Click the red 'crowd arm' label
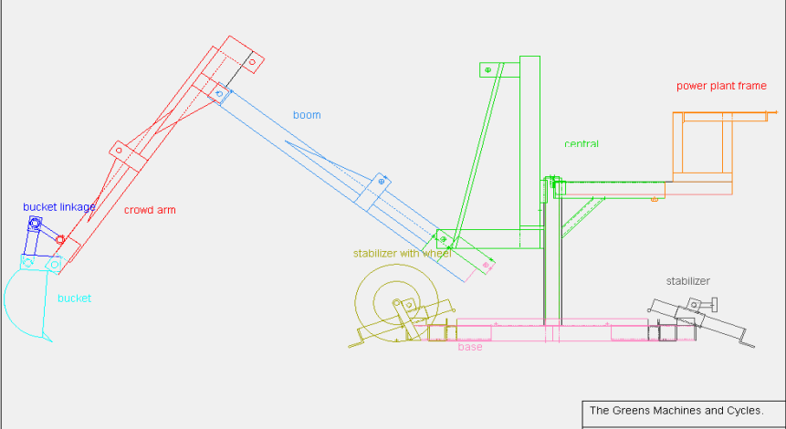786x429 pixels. (150, 210)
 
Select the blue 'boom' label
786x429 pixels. (307, 115)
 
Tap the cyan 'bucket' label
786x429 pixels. (74, 298)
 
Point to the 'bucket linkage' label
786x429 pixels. (58, 207)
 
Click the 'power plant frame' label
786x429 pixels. (721, 86)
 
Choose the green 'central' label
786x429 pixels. (582, 144)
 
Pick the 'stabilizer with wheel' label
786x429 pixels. (403, 253)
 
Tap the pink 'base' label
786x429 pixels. (470, 347)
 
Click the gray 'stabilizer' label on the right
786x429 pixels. (687, 281)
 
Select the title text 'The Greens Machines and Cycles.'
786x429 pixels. (676, 411)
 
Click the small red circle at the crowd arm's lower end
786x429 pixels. (60, 239)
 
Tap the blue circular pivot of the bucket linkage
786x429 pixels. (35, 223)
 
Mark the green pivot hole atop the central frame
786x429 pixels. (487, 69)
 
